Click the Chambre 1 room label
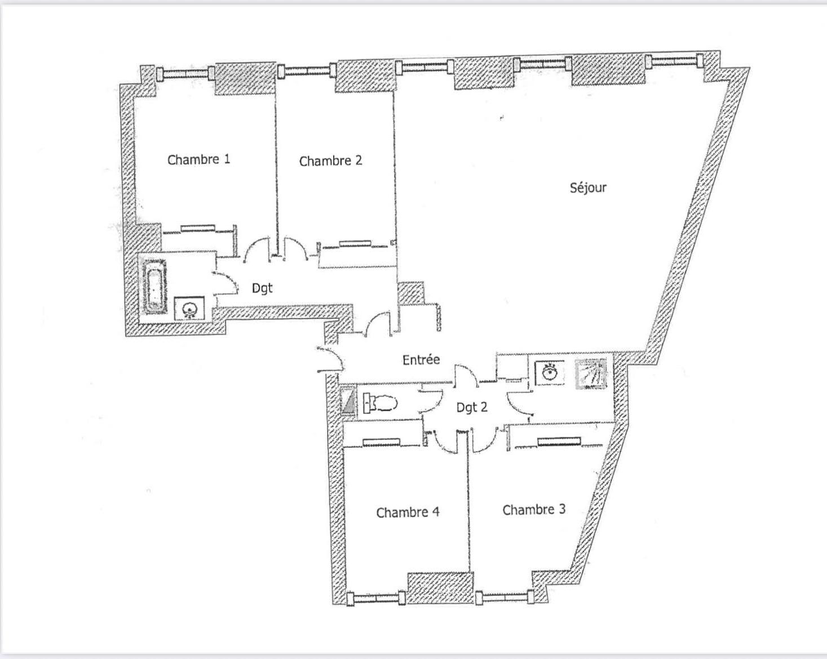[198, 159]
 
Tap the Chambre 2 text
[330, 161]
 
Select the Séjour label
[588, 188]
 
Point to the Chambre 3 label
[534, 510]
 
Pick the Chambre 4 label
[408, 513]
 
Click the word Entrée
[421, 359]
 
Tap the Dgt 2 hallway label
[472, 407]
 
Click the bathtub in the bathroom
[154, 286]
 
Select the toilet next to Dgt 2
[380, 403]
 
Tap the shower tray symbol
[591, 373]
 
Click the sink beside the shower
[550, 372]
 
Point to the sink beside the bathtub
[189, 309]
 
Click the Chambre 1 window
[186, 73]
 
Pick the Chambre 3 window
[505, 597]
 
